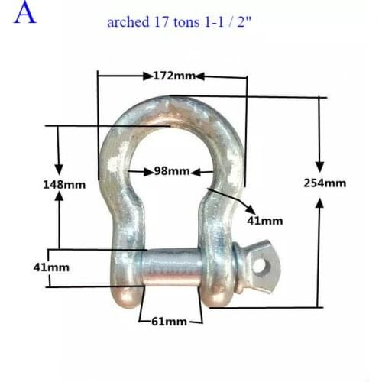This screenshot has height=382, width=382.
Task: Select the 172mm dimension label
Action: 173,76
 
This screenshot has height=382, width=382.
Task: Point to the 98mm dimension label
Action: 171,171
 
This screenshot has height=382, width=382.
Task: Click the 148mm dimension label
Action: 63,184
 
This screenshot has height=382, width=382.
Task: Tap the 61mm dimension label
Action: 170,322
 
